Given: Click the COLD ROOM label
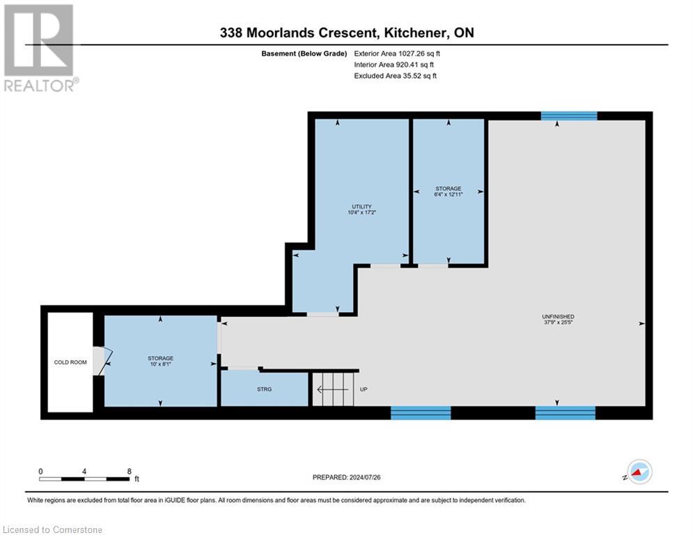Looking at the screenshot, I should [70, 362].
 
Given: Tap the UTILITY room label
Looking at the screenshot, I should [361, 206].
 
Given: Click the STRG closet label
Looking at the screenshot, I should [264, 389].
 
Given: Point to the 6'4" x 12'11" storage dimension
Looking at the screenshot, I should [449, 194].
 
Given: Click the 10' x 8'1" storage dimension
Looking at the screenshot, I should [160, 364].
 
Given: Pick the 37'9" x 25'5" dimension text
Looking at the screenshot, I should [560, 323].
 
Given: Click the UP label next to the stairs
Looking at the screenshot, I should [364, 389].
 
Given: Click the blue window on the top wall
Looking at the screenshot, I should [569, 116].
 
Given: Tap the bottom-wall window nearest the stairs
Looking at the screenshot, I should [421, 413].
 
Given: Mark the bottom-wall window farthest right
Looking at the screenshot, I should [565, 413].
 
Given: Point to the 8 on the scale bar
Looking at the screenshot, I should [129, 471].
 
